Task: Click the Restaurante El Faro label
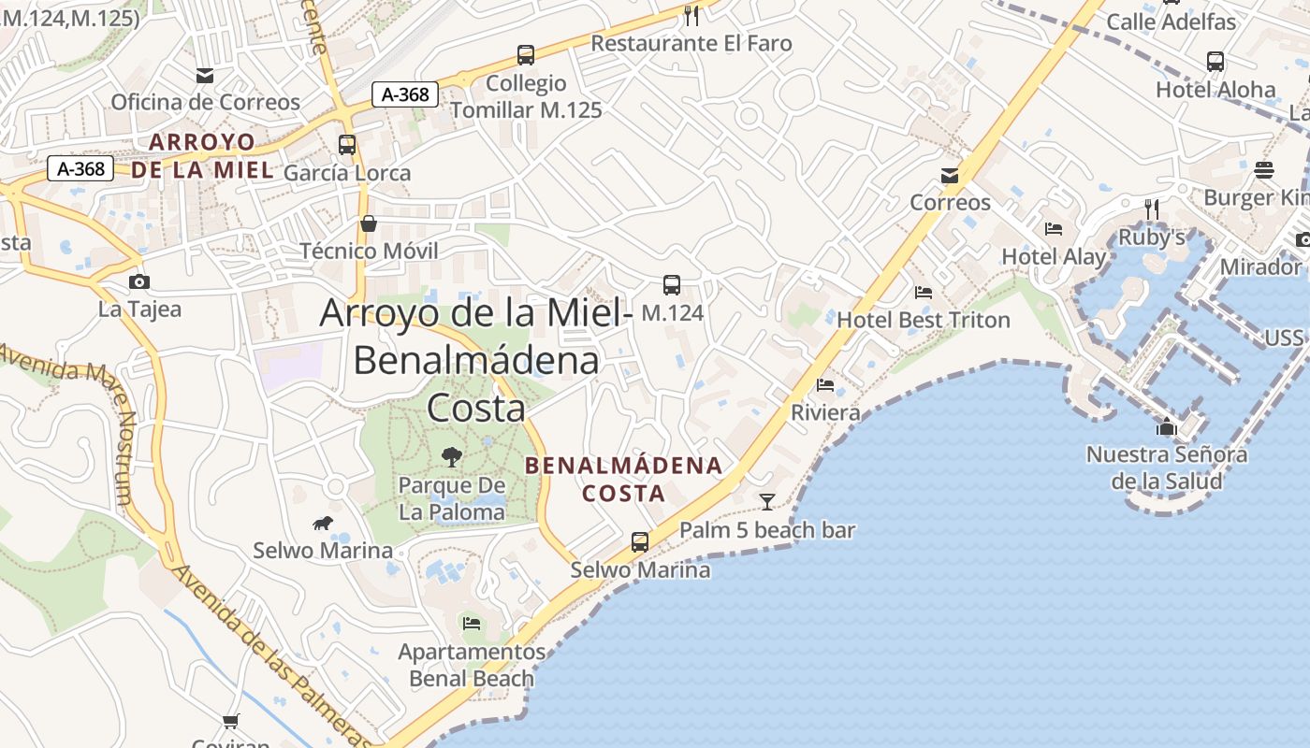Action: pos(691,43)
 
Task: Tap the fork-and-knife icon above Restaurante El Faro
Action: pos(691,15)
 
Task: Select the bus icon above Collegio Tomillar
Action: pos(526,55)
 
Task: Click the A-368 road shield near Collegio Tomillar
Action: pos(405,94)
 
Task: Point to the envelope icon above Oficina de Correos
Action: pos(205,76)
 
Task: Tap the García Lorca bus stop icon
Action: pos(347,145)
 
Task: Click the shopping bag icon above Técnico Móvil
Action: pos(369,223)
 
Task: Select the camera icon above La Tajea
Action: pos(139,281)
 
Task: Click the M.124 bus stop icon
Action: pos(671,285)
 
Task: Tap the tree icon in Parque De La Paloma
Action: pos(452,457)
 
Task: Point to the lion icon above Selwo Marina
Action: pos(323,523)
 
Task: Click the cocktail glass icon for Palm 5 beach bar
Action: pos(767,502)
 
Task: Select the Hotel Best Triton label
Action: pos(923,320)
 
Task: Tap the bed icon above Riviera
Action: pos(825,384)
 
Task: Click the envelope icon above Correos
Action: pos(950,176)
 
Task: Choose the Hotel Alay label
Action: pos(1054,256)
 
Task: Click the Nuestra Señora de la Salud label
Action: pos(1166,467)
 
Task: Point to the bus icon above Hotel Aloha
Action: pos(1215,62)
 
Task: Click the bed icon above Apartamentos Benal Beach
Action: pos(472,623)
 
